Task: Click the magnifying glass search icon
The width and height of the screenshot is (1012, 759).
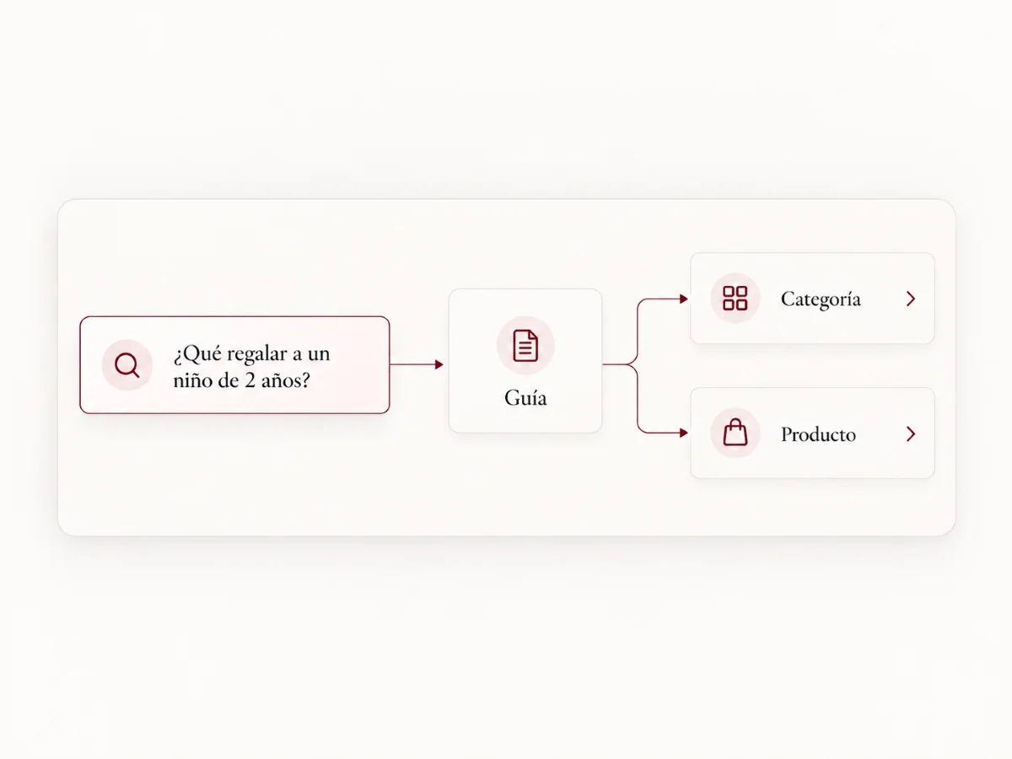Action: (x=126, y=365)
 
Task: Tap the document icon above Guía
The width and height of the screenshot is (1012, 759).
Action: (x=525, y=346)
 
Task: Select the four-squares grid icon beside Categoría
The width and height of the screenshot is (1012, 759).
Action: (x=735, y=299)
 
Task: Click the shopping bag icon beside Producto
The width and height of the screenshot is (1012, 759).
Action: (x=735, y=433)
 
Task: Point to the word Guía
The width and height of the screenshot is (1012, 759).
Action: (x=525, y=398)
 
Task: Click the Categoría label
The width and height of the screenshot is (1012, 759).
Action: (x=821, y=299)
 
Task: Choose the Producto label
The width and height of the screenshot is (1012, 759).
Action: (x=818, y=434)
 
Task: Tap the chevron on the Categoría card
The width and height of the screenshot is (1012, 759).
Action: (x=911, y=299)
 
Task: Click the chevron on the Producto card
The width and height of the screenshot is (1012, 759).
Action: (x=911, y=433)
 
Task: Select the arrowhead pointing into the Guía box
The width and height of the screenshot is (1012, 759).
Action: (x=439, y=364)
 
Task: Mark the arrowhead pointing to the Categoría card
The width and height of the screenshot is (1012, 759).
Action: (x=684, y=299)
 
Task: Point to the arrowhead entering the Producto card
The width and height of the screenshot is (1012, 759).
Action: (x=684, y=433)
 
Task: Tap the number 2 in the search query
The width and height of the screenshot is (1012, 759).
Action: (x=250, y=380)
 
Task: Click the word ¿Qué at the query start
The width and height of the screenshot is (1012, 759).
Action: (x=197, y=354)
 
